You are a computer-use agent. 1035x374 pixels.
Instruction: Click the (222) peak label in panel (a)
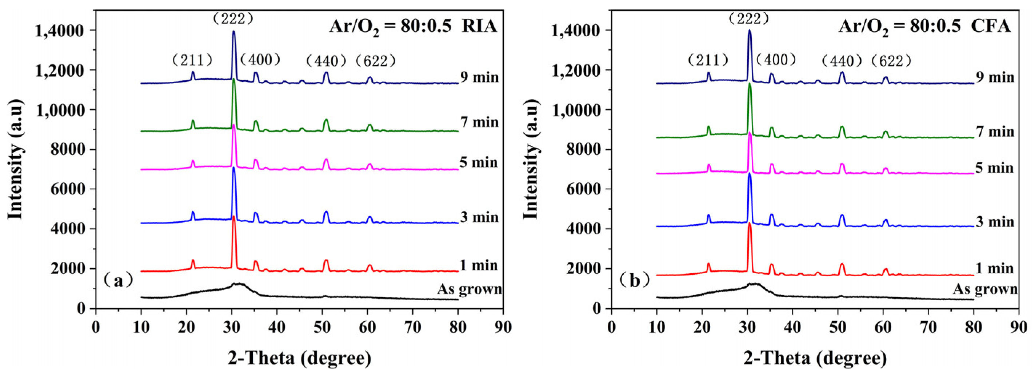click(x=233, y=19)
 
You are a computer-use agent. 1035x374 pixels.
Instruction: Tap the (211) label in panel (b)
click(x=708, y=60)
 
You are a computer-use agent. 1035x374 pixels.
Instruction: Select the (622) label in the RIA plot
click(x=376, y=61)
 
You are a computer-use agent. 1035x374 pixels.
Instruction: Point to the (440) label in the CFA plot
click(x=842, y=61)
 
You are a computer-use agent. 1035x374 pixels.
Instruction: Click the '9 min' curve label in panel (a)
click(x=479, y=77)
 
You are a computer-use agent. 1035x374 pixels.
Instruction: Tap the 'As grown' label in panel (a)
click(x=469, y=289)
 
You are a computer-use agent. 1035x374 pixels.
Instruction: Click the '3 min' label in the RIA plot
click(x=479, y=217)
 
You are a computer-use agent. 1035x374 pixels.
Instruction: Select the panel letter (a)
click(x=118, y=280)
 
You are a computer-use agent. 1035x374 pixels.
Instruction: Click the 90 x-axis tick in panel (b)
click(x=1019, y=327)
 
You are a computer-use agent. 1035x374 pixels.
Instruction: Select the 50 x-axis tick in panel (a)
click(x=322, y=327)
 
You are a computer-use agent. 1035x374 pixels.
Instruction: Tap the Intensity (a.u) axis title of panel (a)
click(x=15, y=160)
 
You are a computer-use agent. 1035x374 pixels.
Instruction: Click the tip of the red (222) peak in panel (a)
click(x=233, y=217)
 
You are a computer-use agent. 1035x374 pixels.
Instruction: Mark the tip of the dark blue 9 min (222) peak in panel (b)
click(x=749, y=30)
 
